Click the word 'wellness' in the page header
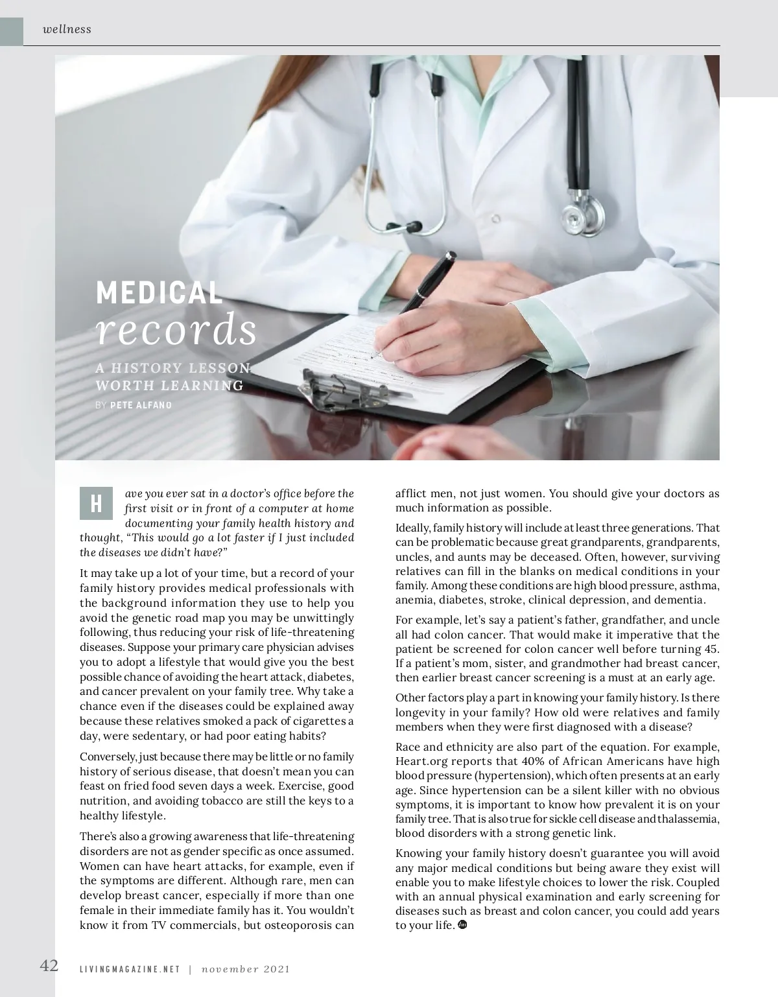point(67,29)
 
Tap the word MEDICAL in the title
point(159,293)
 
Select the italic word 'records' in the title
point(176,330)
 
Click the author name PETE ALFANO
point(141,405)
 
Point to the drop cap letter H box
point(96,504)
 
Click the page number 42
point(49,965)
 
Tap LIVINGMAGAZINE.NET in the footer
point(130,970)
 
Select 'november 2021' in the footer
point(245,970)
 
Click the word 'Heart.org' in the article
point(418,761)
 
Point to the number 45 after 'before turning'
point(711,649)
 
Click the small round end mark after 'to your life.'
point(462,924)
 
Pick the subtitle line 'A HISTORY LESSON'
point(173,368)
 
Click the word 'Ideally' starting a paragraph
point(412,528)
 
